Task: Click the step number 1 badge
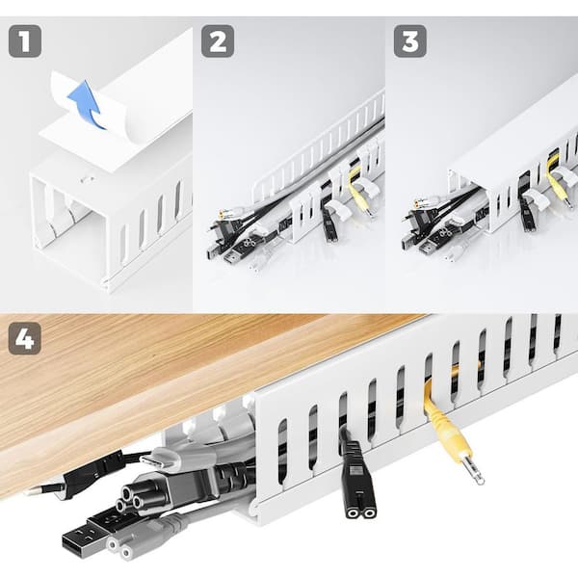[x=25, y=40]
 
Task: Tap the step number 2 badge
[x=218, y=40]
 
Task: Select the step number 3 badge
[x=410, y=40]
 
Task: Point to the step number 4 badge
[x=25, y=338]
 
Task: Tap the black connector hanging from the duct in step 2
[x=329, y=223]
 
